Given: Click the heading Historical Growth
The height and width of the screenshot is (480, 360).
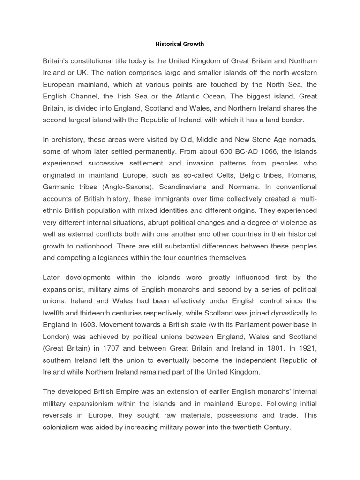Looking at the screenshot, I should pyautogui.click(x=180, y=45).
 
